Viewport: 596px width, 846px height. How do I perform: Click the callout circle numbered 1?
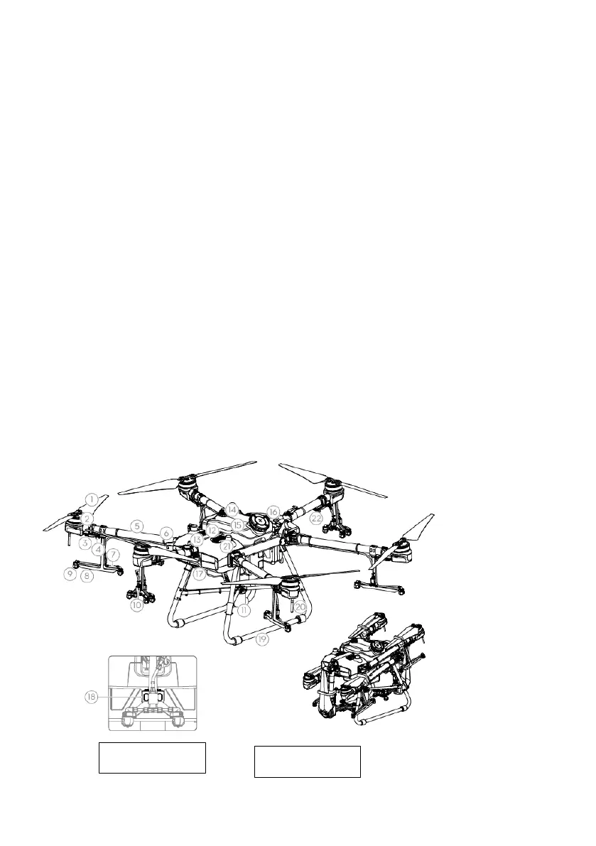point(92,498)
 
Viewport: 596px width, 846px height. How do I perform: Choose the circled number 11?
point(244,609)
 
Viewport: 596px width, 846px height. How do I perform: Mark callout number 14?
point(232,510)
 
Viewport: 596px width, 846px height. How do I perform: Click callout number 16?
point(273,512)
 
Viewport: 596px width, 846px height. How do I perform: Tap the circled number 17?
point(200,573)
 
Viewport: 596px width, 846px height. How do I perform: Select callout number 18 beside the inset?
point(90,698)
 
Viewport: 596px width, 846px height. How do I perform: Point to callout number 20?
point(300,607)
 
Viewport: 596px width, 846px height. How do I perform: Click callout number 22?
point(316,519)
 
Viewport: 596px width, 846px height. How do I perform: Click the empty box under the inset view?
point(151,757)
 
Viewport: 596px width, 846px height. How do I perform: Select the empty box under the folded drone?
point(308,761)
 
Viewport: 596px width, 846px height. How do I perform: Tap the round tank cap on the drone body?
point(259,521)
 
